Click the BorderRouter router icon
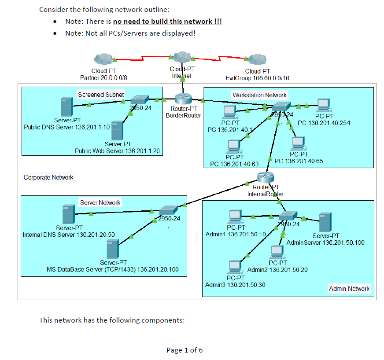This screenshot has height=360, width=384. click(181, 99)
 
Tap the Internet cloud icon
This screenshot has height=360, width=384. click(181, 57)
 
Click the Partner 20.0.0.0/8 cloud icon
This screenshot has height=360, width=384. click(104, 59)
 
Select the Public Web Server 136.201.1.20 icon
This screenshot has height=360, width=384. click(117, 130)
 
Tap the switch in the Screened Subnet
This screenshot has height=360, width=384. click(140, 99)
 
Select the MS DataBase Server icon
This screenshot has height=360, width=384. click(113, 249)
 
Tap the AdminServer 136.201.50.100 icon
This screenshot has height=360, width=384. click(325, 222)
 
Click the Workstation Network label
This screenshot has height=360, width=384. click(259, 95)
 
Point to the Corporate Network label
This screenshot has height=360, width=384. click(48, 177)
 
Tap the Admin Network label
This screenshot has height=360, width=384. click(349, 289)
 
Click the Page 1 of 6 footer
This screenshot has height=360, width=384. click(185, 350)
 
